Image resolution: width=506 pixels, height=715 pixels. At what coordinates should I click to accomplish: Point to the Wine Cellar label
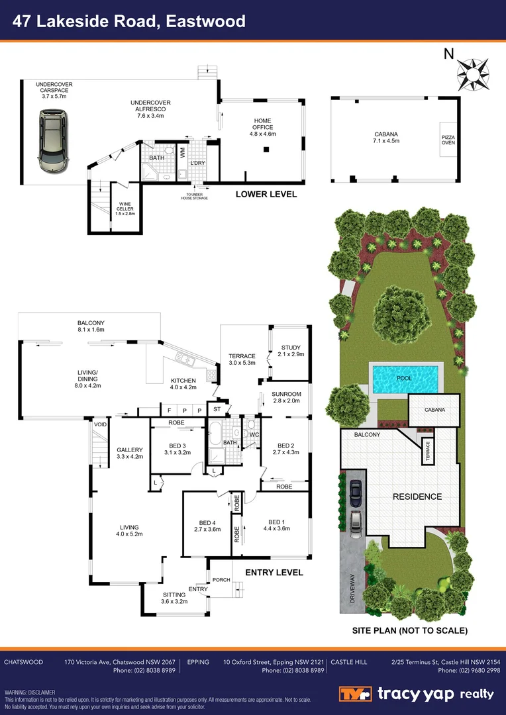pos(126,209)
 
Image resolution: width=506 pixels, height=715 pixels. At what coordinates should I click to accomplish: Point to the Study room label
pos(291,351)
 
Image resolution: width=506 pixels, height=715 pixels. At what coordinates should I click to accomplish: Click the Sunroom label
pos(285,397)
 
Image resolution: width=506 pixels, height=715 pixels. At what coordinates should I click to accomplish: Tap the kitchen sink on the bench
pos(183,360)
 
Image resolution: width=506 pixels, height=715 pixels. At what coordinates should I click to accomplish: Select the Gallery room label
pos(129,453)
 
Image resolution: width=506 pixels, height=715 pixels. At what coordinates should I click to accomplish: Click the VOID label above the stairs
pos(101,424)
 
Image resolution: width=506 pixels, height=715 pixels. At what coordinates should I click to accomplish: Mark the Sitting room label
pos(175,598)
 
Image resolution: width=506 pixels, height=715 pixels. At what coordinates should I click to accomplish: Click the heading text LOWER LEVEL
pos(266,195)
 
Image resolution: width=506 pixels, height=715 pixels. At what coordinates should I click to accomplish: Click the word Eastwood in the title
pos(207,21)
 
